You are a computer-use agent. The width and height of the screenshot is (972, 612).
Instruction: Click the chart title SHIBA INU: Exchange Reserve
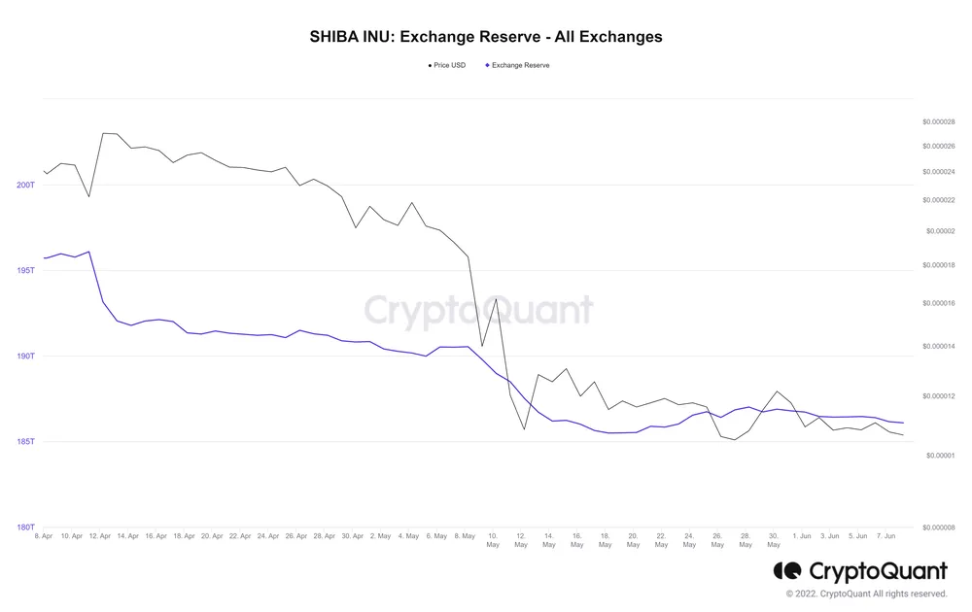point(486,37)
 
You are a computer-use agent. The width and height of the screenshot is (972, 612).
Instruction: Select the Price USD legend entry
point(448,65)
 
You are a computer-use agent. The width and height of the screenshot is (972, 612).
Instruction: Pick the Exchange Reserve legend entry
point(519,65)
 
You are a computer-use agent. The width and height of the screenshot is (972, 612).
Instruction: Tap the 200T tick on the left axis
point(25,185)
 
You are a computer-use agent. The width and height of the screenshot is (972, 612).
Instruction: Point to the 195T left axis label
point(25,270)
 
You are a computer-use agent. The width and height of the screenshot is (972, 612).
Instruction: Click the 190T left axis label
point(25,357)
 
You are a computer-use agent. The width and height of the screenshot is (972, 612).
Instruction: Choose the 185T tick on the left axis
point(25,442)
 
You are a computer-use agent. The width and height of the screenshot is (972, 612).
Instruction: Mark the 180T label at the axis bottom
point(25,527)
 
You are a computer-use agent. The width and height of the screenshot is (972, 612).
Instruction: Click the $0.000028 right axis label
point(938,122)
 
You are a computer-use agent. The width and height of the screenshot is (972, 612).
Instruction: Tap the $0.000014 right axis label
point(938,347)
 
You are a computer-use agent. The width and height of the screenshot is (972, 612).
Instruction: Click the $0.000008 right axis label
point(938,527)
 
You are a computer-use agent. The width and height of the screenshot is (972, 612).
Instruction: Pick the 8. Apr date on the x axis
point(44,536)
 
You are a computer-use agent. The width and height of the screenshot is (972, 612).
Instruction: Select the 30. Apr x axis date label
point(353,536)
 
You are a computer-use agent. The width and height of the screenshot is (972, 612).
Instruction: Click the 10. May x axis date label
point(493,540)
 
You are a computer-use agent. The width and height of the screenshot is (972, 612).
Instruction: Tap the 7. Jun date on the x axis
point(885,536)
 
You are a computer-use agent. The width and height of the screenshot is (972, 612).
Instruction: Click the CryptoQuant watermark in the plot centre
point(478,312)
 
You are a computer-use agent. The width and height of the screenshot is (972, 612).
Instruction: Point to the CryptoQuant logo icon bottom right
point(787,570)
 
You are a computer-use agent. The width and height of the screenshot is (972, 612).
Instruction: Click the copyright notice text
point(866,594)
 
